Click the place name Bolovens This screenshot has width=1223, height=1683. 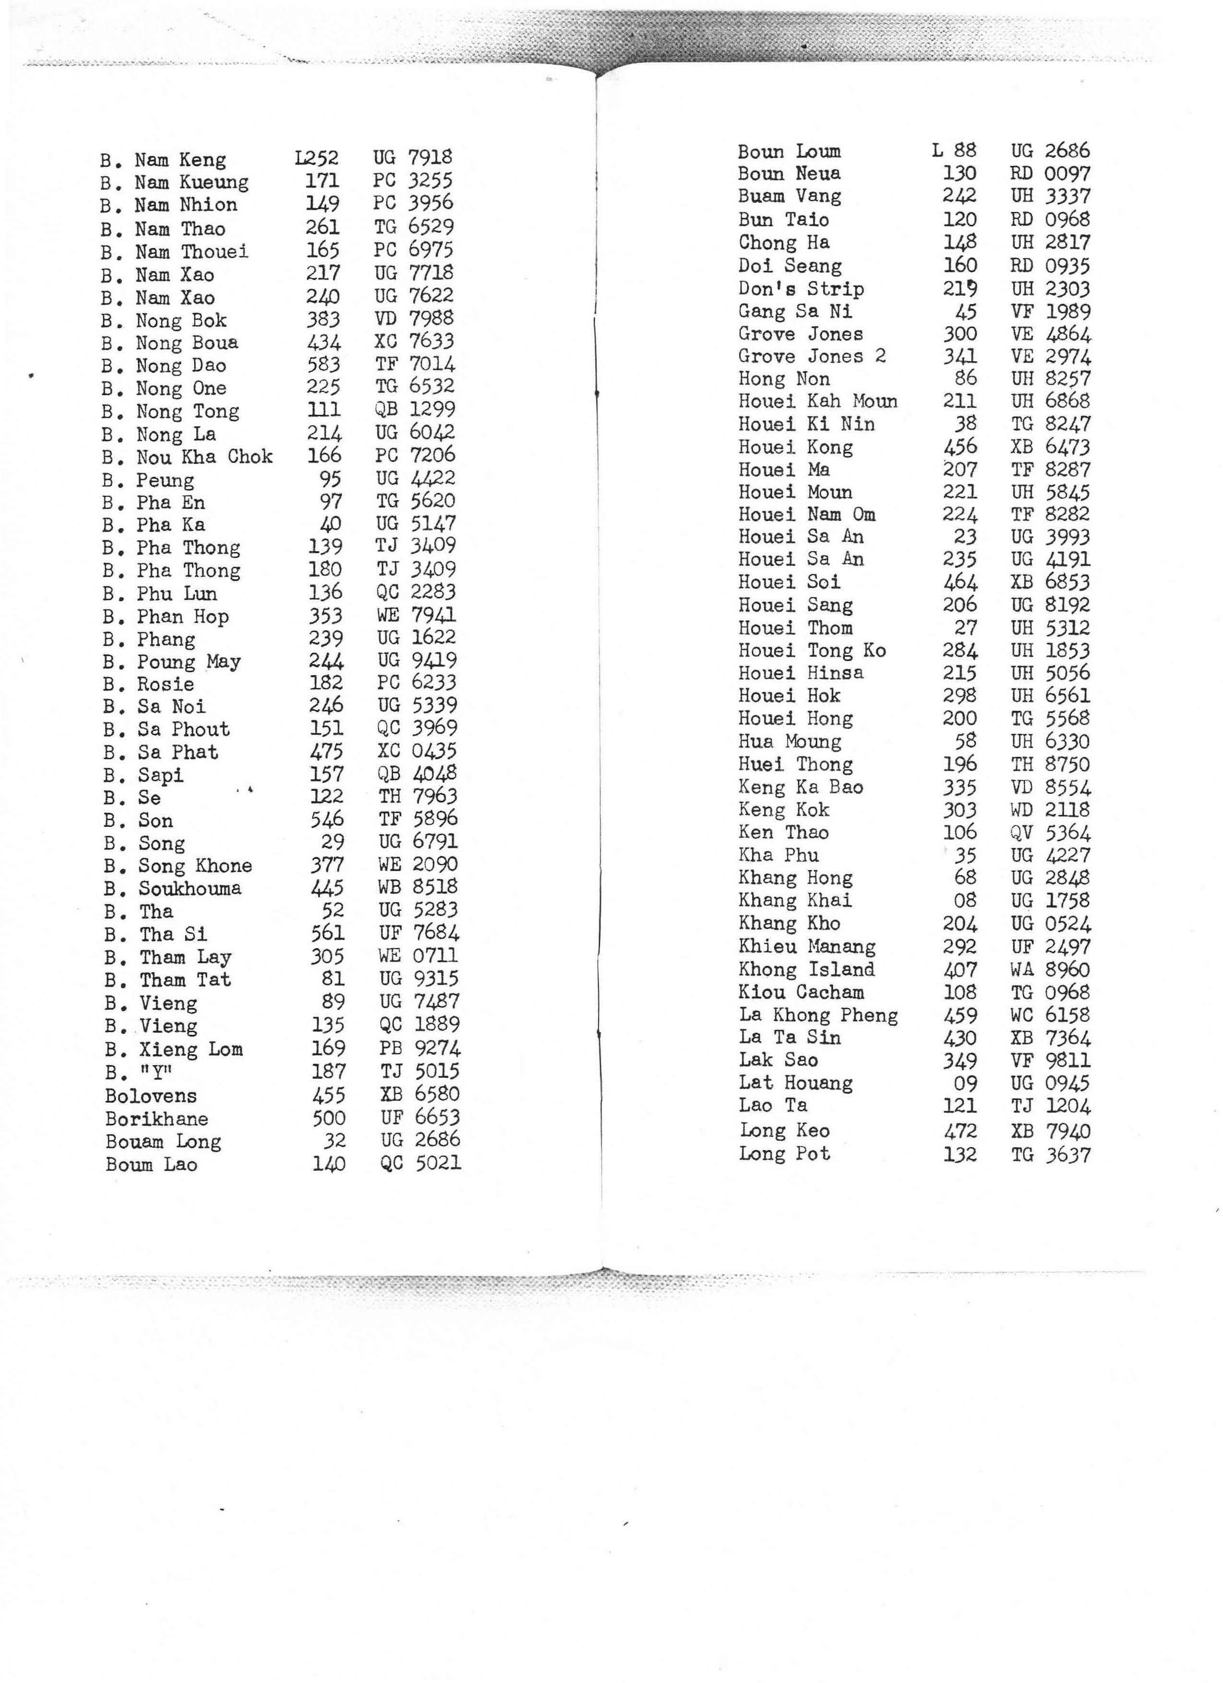click(x=151, y=1096)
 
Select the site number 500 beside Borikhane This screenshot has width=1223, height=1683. click(x=328, y=1118)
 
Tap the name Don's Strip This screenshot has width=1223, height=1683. click(x=801, y=289)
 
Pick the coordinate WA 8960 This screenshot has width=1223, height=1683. click(x=1049, y=970)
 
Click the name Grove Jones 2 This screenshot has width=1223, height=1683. click(x=812, y=356)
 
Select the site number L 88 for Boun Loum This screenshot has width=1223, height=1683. click(x=954, y=151)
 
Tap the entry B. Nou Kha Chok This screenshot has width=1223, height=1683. click(x=188, y=457)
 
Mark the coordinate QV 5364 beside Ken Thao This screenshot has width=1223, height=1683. click(x=1050, y=833)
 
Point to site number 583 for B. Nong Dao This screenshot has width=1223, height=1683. click(x=324, y=365)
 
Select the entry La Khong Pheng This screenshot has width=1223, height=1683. click(x=818, y=1015)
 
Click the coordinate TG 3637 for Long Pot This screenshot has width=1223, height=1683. click(x=1050, y=1154)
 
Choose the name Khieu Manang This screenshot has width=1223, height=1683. click(x=807, y=947)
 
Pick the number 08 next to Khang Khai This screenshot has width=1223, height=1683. click(x=965, y=901)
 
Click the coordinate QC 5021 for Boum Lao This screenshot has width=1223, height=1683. click(x=420, y=1164)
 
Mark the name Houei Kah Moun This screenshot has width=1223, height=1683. click(x=817, y=401)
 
